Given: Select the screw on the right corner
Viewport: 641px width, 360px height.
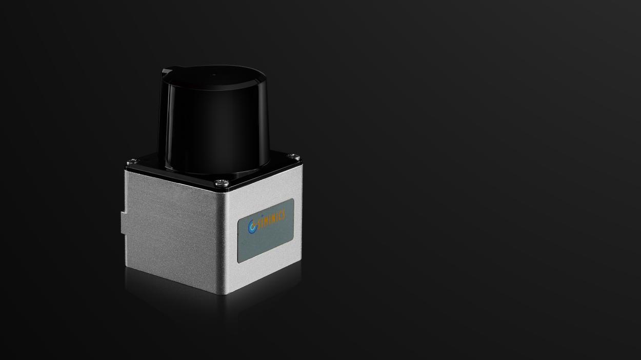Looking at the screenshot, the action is [293, 156].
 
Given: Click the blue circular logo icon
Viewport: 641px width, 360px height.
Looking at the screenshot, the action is [252, 226].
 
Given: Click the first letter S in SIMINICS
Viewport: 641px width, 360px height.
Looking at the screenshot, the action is [259, 225].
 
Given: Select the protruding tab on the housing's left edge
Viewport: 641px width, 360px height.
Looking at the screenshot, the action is [124, 223].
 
